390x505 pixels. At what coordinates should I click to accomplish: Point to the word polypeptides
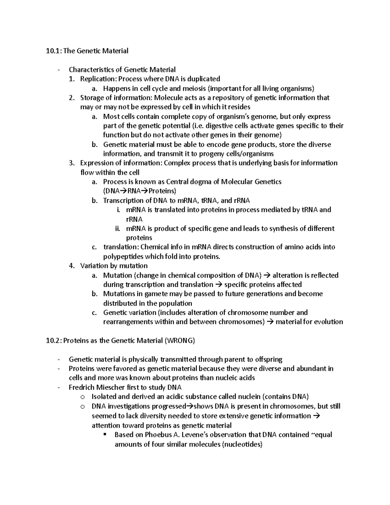click(123, 257)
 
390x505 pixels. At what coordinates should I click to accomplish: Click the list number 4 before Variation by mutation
click(71, 266)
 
